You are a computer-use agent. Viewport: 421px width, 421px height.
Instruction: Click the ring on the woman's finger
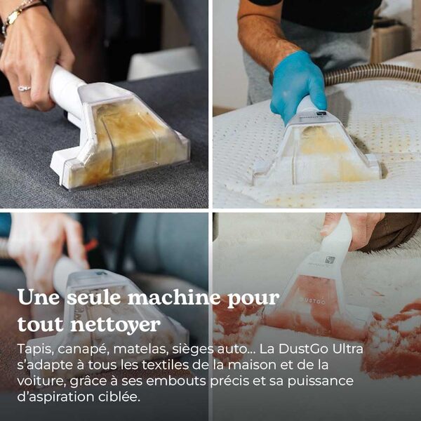pyautogui.click(x=24, y=88)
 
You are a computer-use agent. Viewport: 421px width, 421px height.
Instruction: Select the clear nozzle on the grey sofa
pyautogui.click(x=130, y=137)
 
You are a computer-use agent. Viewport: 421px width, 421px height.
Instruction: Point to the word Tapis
pyautogui.click(x=34, y=349)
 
